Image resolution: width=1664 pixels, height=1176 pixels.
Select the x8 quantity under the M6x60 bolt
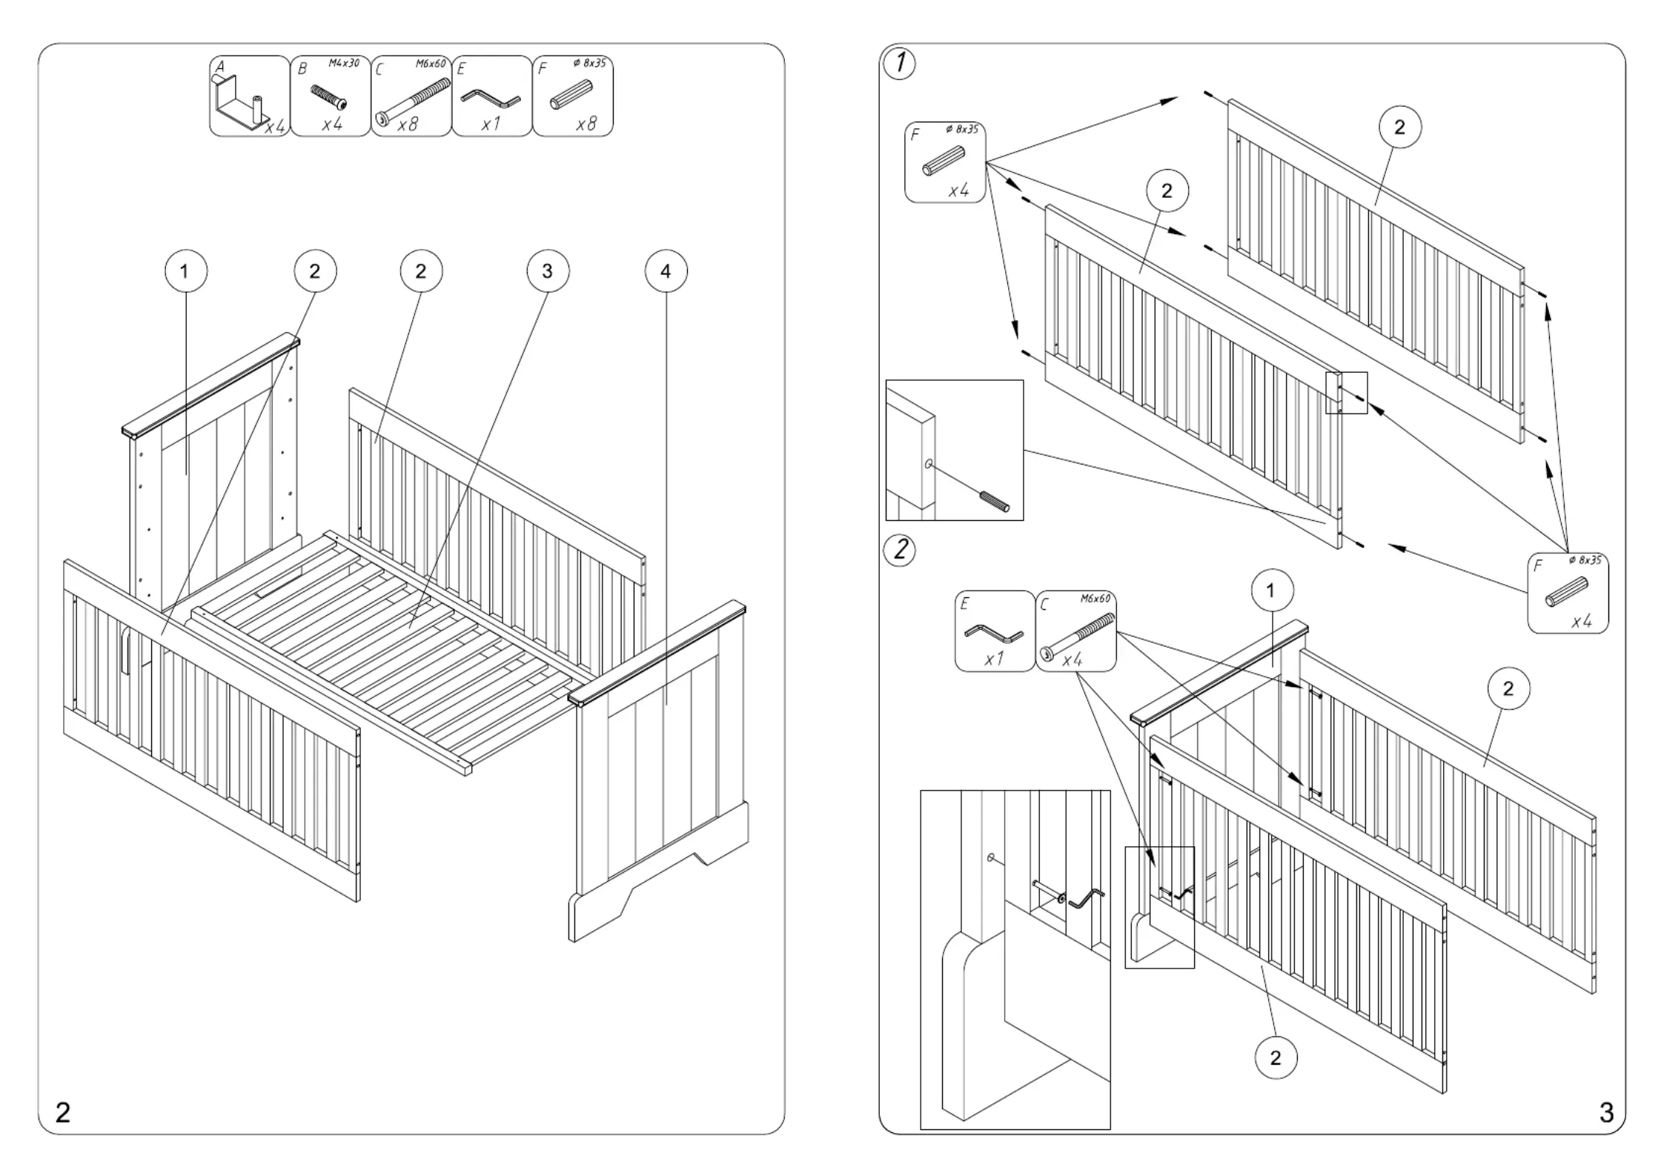pos(408,124)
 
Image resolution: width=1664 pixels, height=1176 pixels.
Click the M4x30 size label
pos(344,64)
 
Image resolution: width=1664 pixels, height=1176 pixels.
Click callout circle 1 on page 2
pos(185,271)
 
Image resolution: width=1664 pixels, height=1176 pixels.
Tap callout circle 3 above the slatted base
pos(548,271)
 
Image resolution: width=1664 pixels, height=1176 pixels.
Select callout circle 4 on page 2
pos(666,271)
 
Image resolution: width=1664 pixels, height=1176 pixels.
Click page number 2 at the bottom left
pos(63,1112)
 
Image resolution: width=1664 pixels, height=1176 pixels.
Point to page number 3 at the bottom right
pos(1606,1112)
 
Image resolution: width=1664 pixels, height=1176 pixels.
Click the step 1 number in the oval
pos(900,64)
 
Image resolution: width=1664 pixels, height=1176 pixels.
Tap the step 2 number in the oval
pos(900,551)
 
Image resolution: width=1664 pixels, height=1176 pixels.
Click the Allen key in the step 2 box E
pos(993,634)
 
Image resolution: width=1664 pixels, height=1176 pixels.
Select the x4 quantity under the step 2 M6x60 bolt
pos(1073,659)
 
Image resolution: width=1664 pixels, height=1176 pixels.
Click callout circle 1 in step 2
pos(1272,591)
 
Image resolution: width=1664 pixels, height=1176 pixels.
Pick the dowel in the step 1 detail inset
pos(995,501)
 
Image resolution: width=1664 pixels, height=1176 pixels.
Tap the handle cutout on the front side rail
pos(125,650)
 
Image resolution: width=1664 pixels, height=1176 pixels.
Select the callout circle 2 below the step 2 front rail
pos(1276,1057)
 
